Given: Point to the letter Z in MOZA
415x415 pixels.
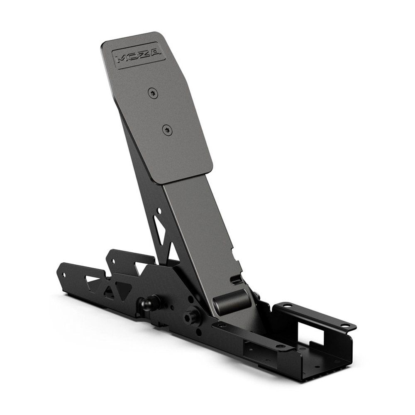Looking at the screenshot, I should (x=144, y=54).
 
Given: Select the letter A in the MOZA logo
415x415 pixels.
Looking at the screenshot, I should (x=155, y=52).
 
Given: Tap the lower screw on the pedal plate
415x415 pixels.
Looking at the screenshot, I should (x=167, y=130).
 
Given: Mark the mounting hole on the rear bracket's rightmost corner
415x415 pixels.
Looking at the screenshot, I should (x=345, y=326).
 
